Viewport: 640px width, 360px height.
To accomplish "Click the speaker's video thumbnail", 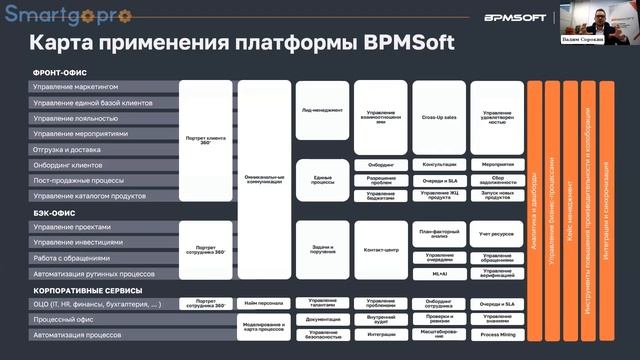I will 600,21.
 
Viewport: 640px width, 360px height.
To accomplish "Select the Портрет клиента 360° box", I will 205,141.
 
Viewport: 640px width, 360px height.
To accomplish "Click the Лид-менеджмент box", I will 322,110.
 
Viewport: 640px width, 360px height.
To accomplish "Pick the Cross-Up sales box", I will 438,117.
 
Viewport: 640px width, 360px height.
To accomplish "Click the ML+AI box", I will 438,273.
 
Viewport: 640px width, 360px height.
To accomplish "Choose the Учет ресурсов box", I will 497,234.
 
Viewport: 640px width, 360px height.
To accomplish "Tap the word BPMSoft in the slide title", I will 399,45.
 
